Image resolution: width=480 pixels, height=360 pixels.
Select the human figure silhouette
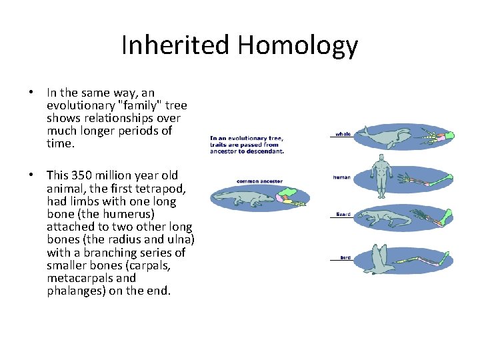pyautogui.click(x=381, y=175)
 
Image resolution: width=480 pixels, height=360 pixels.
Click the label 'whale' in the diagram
pyautogui.click(x=343, y=134)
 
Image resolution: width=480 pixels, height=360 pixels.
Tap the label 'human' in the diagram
pyautogui.click(x=342, y=177)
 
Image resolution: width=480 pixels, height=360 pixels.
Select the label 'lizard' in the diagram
pyautogui.click(x=343, y=215)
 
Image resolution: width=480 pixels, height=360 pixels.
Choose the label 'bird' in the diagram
pyautogui.click(x=345, y=257)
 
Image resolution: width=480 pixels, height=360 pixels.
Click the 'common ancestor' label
pyautogui.click(x=259, y=181)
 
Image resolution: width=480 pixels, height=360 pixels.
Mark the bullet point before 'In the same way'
pyautogui.click(x=31, y=93)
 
